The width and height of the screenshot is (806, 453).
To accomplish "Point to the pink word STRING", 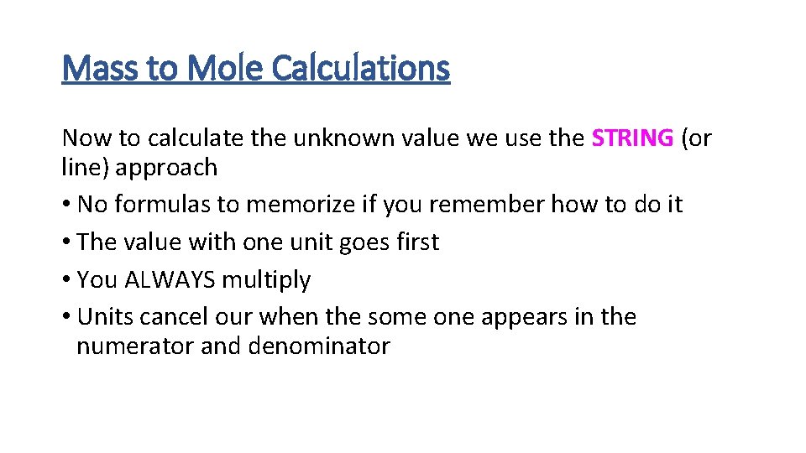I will pyautogui.click(x=632, y=138).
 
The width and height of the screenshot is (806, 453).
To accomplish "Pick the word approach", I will pyautogui.click(x=166, y=168).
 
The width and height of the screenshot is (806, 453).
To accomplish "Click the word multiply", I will pyautogui.click(x=266, y=280).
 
